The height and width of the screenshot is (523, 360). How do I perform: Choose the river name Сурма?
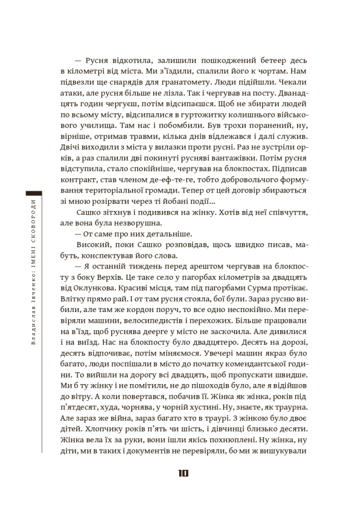pyautogui.click(x=255, y=290)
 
